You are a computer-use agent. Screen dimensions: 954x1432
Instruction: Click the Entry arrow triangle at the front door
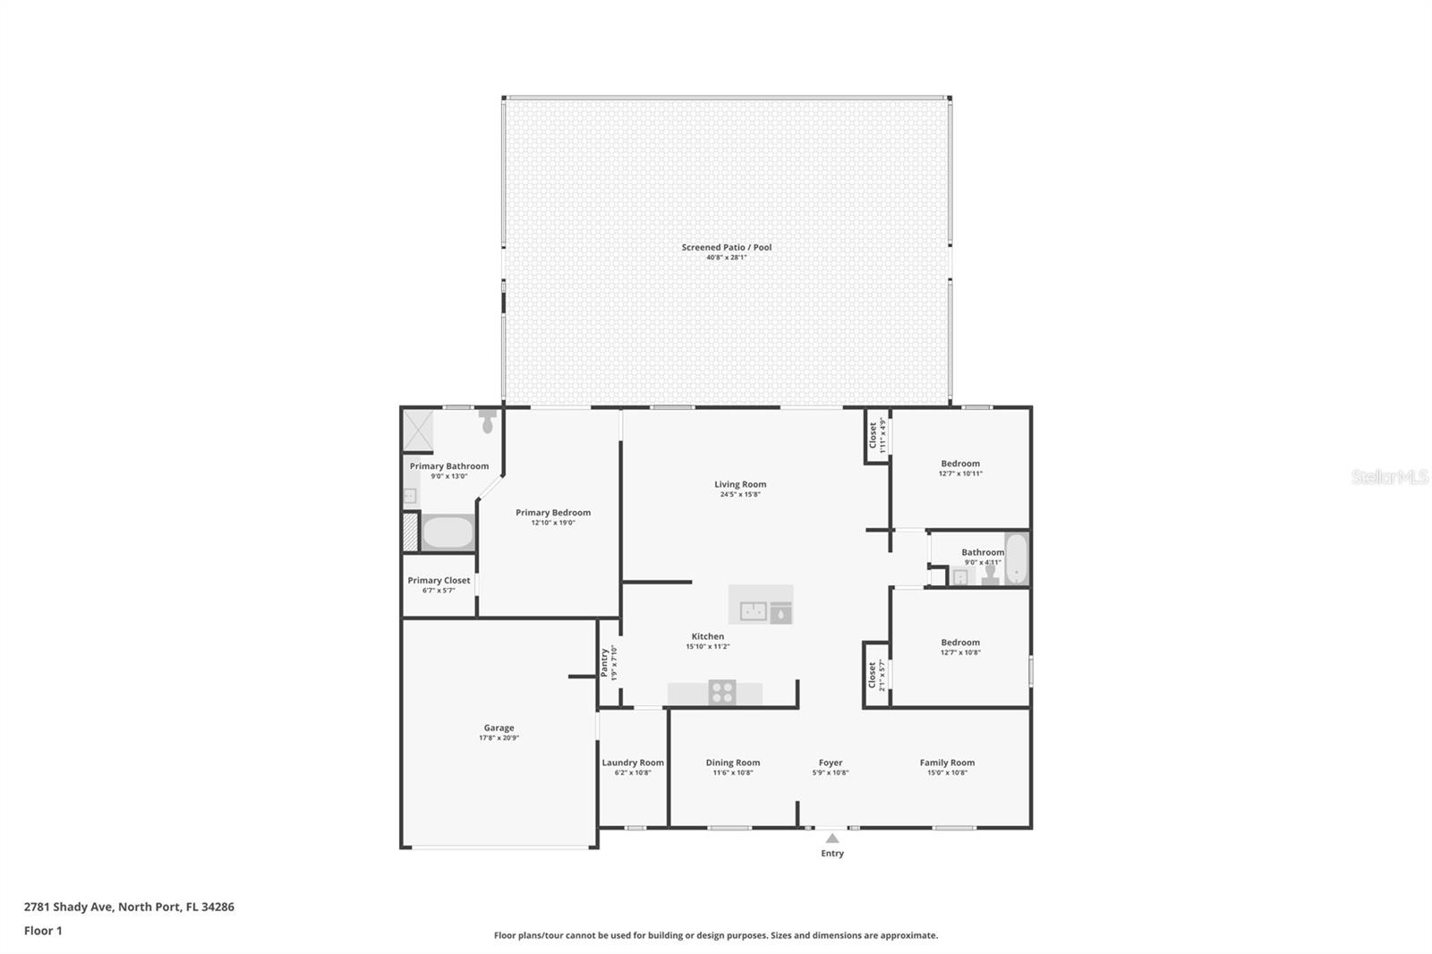coord(832,839)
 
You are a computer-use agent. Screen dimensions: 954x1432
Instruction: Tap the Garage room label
coord(499,728)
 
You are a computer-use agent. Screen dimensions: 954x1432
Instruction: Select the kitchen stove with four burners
coord(722,692)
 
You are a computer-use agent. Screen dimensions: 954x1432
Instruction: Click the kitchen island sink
coord(753,612)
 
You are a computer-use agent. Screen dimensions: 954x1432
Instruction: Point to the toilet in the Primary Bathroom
coord(488,421)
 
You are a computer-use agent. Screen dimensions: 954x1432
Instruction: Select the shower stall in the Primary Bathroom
coord(418,430)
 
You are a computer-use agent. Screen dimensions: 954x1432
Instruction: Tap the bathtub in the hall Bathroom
coord(1016,558)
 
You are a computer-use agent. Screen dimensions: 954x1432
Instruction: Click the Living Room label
coord(740,484)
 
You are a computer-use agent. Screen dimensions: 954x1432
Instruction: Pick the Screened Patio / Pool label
coord(726,247)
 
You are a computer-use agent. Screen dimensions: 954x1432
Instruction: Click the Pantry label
coord(605,663)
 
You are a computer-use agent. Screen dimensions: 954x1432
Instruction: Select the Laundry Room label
coord(633,762)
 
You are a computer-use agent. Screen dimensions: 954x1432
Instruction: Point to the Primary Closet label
coord(439,580)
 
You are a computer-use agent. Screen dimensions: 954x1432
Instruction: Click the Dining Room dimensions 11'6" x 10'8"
coord(732,773)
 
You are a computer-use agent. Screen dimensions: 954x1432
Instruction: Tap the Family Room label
coord(947,762)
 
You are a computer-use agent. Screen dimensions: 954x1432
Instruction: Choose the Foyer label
coord(831,762)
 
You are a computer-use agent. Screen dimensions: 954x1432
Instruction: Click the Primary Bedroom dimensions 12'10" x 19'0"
coord(552,523)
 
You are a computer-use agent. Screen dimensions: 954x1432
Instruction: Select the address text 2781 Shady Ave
coord(69,907)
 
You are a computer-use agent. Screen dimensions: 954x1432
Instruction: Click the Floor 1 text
coord(43,931)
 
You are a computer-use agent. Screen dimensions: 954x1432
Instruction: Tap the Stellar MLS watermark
coord(1389,477)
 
